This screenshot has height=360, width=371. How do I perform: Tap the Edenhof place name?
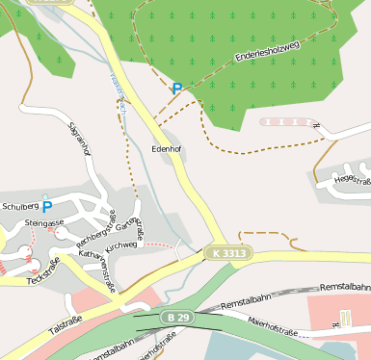point(168,150)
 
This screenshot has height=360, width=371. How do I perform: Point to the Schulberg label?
point(19,206)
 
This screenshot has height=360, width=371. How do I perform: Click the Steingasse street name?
point(44,222)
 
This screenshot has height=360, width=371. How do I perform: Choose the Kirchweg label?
point(125,246)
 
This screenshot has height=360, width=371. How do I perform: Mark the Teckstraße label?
point(42,267)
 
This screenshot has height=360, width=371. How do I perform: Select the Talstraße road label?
point(64,332)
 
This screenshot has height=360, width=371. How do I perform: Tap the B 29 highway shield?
point(175,317)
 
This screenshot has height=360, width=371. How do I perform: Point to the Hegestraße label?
point(353,179)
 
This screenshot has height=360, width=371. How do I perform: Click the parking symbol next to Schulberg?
point(46,207)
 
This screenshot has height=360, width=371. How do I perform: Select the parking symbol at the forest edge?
point(176,89)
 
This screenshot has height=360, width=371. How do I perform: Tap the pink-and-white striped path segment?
point(287,123)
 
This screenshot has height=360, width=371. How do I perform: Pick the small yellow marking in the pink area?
point(344,318)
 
